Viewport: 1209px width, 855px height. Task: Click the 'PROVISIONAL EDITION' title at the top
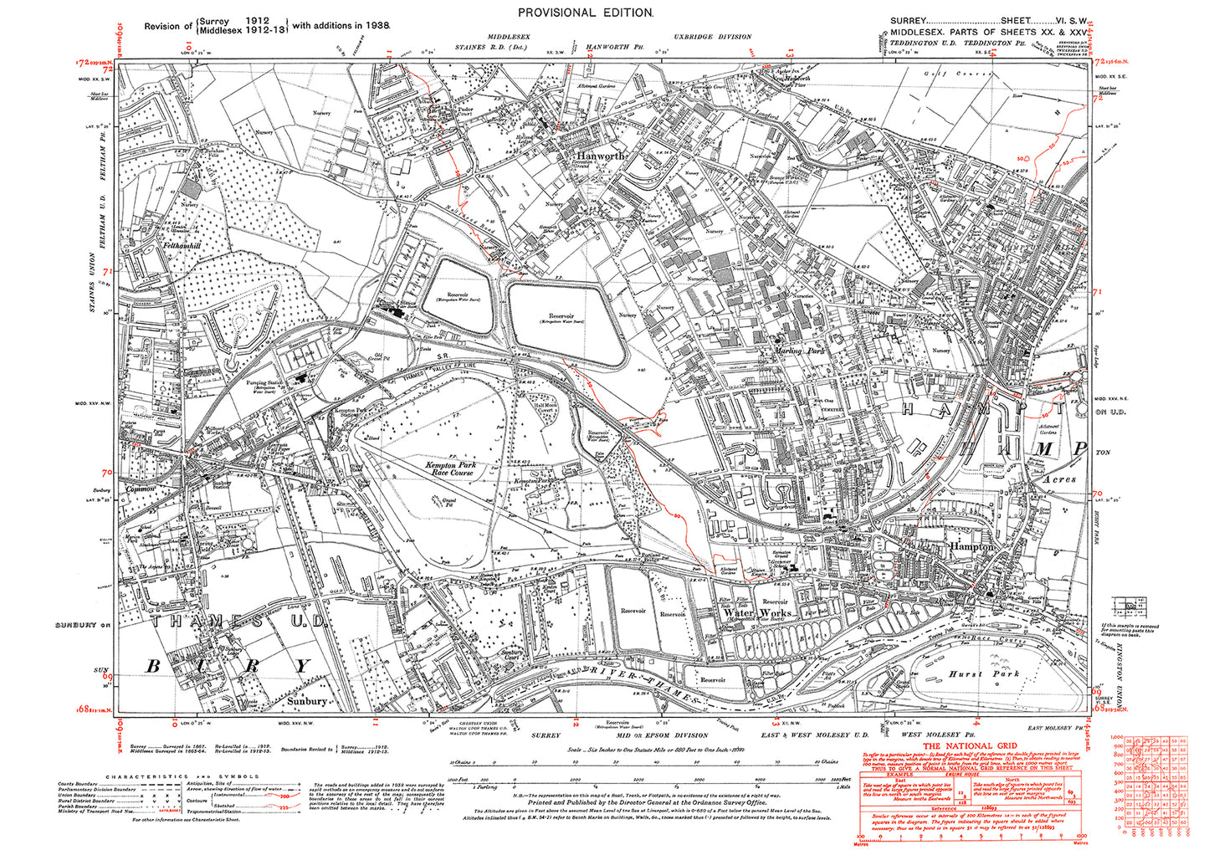coord(585,13)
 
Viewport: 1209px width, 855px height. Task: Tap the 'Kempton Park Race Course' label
coord(448,468)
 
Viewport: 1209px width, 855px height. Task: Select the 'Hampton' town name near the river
coord(971,546)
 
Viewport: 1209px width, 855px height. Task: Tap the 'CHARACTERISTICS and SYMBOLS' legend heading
coord(175,776)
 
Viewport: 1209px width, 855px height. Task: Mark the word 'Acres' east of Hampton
coord(1059,480)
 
